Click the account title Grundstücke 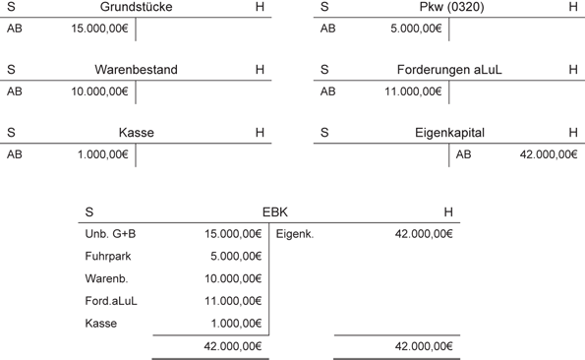tap(136, 8)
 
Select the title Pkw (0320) tap(449, 8)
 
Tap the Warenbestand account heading tap(136, 70)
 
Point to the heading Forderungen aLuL tap(448, 70)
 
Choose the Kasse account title tap(136, 132)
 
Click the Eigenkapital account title tap(449, 132)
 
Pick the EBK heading tap(275, 212)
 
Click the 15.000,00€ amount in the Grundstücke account tap(100, 29)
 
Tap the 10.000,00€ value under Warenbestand tap(100, 91)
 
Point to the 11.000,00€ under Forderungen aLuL tap(414, 91)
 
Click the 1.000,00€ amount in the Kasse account tap(103, 153)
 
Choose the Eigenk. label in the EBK tap(295, 234)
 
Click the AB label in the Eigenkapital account tap(464, 153)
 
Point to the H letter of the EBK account tap(448, 212)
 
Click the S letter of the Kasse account tap(11, 132)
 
